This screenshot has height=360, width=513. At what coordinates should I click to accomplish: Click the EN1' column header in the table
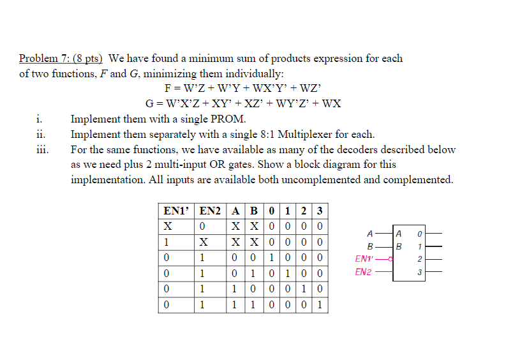click(x=176, y=211)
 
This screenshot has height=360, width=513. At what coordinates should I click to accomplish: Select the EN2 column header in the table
click(x=211, y=211)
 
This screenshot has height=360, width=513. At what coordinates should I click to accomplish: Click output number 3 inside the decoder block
click(x=419, y=273)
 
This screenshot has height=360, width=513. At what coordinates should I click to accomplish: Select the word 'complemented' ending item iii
click(x=417, y=179)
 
